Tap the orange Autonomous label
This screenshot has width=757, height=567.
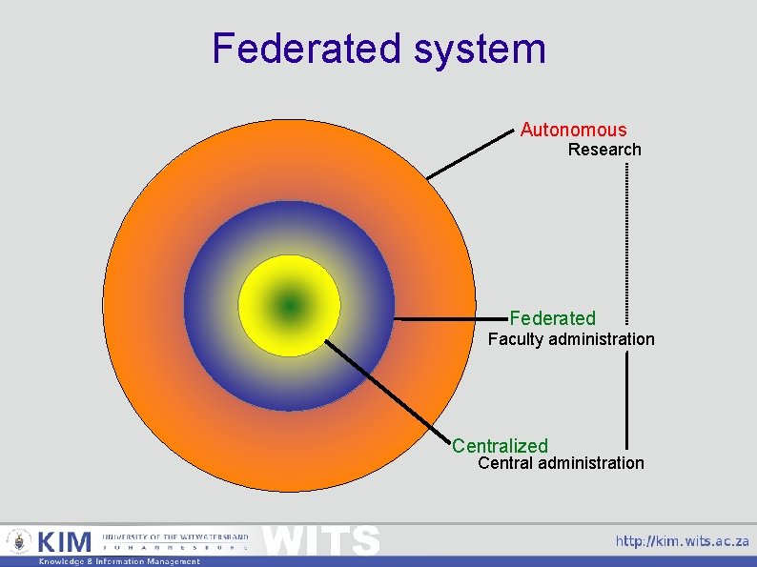tap(573, 130)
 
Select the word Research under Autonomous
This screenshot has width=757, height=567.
tap(604, 150)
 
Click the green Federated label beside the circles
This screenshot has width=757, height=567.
tap(552, 318)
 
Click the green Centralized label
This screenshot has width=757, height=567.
tap(500, 446)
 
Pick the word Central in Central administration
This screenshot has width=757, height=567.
tap(504, 463)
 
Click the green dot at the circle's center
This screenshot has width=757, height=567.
tap(289, 306)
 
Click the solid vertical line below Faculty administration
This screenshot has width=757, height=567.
tap(626, 400)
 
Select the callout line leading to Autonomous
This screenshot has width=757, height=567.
tap(469, 153)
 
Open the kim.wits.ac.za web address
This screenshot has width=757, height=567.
tap(682, 541)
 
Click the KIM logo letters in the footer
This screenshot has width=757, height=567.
tap(65, 542)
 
